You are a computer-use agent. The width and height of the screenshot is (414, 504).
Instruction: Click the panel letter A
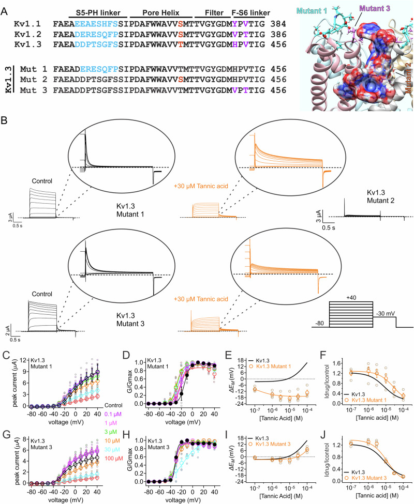tap(5, 7)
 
